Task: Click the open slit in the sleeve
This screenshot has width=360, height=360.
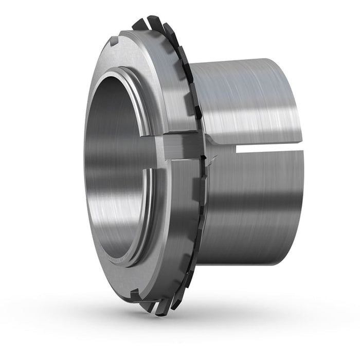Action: (x=267, y=149)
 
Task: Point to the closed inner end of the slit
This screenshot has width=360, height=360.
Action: (x=237, y=149)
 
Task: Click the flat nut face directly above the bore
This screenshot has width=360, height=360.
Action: (x=123, y=57)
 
